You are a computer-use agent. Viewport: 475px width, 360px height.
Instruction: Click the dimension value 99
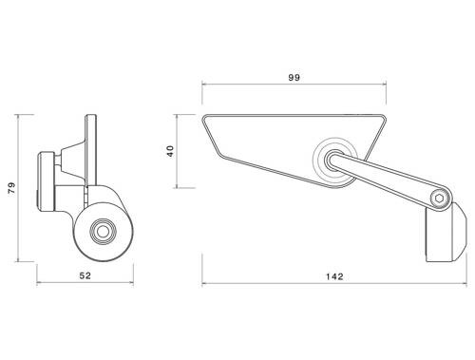tap(294, 77)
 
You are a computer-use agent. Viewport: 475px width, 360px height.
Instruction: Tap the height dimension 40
tap(172, 151)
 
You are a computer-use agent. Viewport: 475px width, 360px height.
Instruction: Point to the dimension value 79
tap(11, 188)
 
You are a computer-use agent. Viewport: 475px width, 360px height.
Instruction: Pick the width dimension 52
tap(85, 276)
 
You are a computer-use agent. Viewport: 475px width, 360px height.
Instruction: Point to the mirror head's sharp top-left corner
tap(203, 118)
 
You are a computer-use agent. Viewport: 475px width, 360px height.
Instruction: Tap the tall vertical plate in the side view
tap(91, 152)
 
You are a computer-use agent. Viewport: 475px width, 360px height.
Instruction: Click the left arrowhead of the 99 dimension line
tap(203, 86)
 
